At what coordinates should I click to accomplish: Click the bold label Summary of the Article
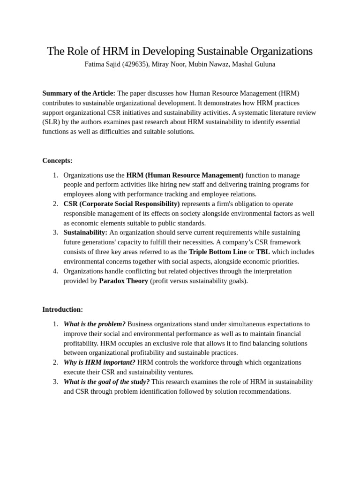(x=79, y=93)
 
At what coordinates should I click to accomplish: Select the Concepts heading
(x=57, y=160)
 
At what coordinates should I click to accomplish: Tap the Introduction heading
(x=62, y=309)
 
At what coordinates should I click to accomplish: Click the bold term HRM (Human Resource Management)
(x=185, y=175)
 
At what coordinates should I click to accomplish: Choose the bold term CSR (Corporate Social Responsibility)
(x=121, y=204)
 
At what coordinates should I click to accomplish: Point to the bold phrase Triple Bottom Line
(x=217, y=252)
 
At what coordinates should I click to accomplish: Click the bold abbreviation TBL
(x=263, y=252)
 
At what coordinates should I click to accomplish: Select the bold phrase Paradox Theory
(x=123, y=281)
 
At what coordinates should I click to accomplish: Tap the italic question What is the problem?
(x=94, y=324)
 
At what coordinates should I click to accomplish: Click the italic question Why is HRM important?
(x=99, y=362)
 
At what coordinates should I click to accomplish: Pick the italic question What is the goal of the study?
(x=106, y=382)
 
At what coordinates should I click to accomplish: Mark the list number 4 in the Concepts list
(x=55, y=271)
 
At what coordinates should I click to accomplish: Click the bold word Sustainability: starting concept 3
(x=85, y=232)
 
